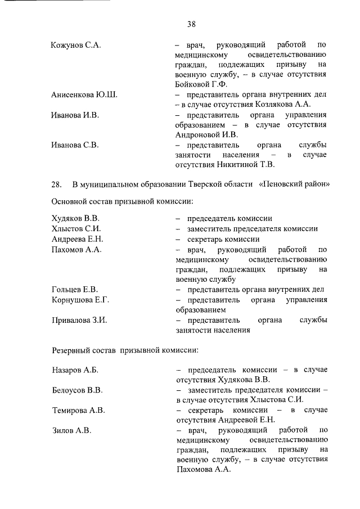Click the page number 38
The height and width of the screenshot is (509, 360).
coord(191,24)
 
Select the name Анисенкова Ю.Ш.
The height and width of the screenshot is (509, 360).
coord(84,94)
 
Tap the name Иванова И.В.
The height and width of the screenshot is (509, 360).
coord(75,115)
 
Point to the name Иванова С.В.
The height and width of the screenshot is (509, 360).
coord(75,145)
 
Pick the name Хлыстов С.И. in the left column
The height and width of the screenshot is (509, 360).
coord(76,229)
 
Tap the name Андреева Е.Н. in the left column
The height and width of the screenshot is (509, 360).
coord(77,239)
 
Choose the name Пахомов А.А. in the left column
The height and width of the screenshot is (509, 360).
coord(76,249)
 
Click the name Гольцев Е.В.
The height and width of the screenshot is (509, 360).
coord(75,290)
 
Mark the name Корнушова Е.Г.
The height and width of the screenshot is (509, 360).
coord(80,300)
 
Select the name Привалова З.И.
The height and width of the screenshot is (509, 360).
coord(79,320)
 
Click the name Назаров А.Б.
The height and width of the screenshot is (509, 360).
coord(75,370)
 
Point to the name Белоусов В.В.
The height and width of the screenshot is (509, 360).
coord(76,390)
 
